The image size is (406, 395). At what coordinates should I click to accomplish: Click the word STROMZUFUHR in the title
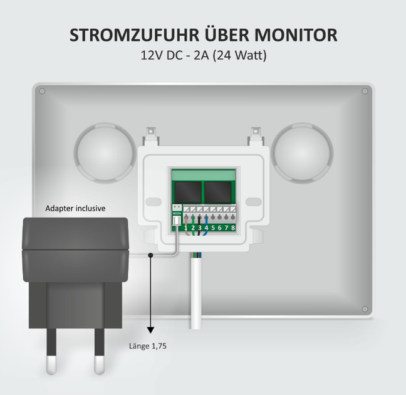(x=135, y=35)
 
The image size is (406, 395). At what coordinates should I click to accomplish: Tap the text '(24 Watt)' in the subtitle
(x=239, y=55)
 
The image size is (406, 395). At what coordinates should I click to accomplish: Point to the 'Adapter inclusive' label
(x=75, y=208)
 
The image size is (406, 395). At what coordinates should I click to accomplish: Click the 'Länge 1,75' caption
(x=148, y=346)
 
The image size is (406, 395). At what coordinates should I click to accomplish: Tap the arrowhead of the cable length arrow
(x=150, y=330)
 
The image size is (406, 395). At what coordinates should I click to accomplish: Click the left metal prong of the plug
(x=51, y=352)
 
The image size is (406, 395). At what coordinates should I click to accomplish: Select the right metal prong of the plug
(x=100, y=352)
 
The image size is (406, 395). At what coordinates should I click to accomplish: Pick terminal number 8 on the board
(x=233, y=228)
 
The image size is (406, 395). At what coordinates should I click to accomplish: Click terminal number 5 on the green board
(x=213, y=228)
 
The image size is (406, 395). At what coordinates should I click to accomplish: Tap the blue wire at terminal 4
(x=206, y=226)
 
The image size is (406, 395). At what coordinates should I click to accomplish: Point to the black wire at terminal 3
(x=199, y=226)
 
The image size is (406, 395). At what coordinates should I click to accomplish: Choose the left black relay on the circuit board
(x=188, y=192)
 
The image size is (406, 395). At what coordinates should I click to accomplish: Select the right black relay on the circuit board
(x=218, y=192)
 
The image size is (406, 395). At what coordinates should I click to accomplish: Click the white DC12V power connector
(x=177, y=221)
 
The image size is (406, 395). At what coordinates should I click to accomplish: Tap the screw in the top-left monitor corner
(x=42, y=92)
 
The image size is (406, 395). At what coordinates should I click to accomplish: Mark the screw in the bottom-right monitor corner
(x=365, y=309)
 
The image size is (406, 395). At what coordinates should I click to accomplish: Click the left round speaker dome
(x=105, y=152)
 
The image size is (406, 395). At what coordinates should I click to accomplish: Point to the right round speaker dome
(x=302, y=152)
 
